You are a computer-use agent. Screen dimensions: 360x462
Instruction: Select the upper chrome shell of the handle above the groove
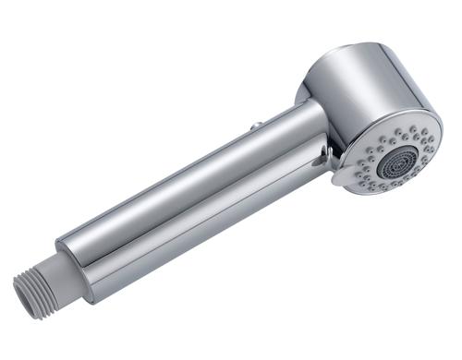tap(185, 180)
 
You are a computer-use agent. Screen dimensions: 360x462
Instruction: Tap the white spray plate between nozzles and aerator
tap(370, 157)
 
